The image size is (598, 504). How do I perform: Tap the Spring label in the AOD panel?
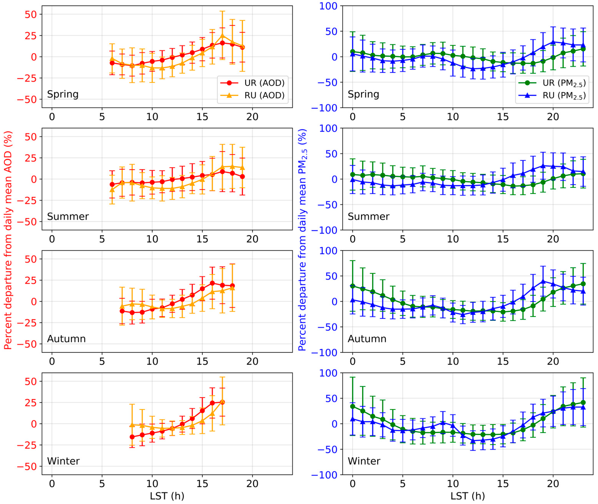coord(63,94)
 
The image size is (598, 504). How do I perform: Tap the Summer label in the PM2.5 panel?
coord(368,217)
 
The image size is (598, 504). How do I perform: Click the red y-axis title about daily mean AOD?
coord(8,240)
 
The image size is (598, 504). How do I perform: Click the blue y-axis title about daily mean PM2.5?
coord(302,240)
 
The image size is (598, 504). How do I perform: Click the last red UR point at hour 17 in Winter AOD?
coord(222,402)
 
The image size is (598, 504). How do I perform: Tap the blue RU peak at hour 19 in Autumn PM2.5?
coord(543,281)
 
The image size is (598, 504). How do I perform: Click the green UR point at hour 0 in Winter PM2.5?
coord(353,406)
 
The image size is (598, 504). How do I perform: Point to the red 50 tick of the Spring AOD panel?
coord(31,14)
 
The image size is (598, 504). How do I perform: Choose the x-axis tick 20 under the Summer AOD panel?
coord(252,239)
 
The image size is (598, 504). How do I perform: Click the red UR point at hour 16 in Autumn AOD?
coord(212,283)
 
